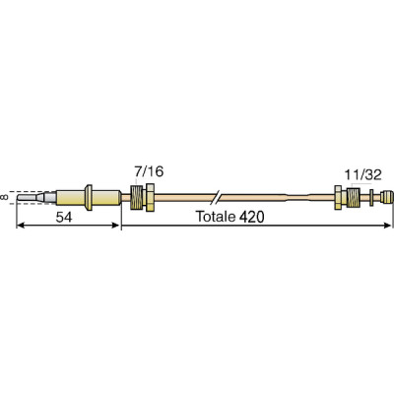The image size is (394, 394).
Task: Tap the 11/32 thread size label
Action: [363, 174]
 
